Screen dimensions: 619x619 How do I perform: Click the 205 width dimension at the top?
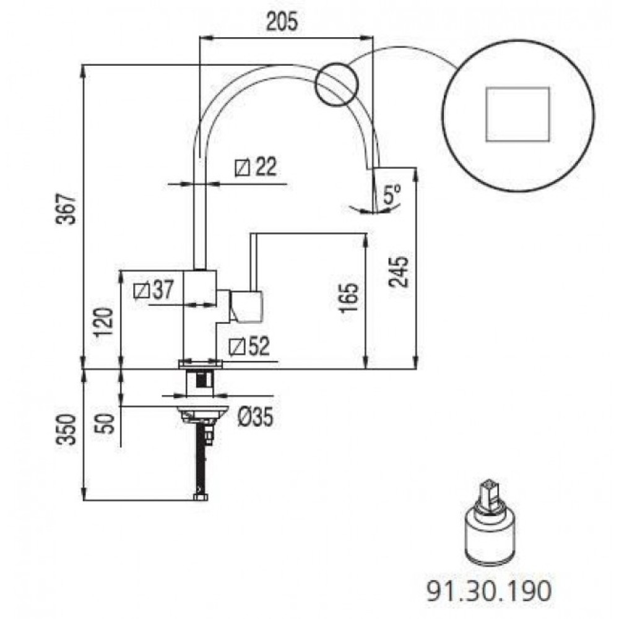coord(282,22)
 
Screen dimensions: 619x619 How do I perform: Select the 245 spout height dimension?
coord(398,272)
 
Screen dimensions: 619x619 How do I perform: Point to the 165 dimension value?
coord(349,298)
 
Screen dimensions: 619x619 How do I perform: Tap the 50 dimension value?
coord(105,423)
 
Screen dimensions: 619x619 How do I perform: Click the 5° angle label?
coord(392,194)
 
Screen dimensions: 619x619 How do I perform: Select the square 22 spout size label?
coord(256,167)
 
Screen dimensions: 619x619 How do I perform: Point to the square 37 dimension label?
coord(154,290)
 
